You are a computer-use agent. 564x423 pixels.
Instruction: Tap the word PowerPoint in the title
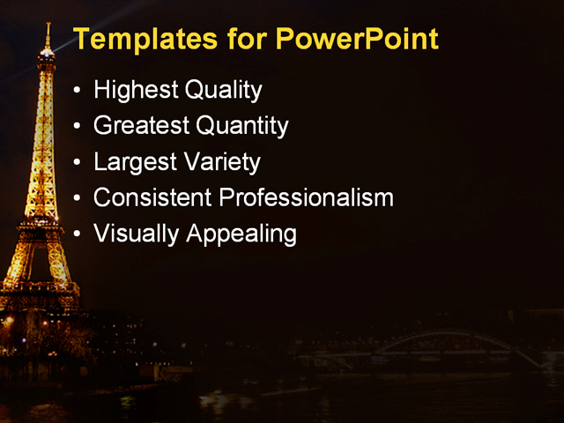click(357, 40)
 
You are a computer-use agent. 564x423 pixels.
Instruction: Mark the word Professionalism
click(305, 198)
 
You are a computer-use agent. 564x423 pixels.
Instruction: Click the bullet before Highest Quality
click(79, 91)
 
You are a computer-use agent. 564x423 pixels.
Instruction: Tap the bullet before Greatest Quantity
click(79, 127)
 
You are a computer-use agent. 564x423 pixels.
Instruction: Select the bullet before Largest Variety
click(79, 163)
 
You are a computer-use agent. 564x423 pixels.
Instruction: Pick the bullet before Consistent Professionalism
click(79, 199)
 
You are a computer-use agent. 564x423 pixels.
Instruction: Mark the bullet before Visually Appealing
click(79, 235)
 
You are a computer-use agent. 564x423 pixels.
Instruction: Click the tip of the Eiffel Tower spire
click(47, 24)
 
